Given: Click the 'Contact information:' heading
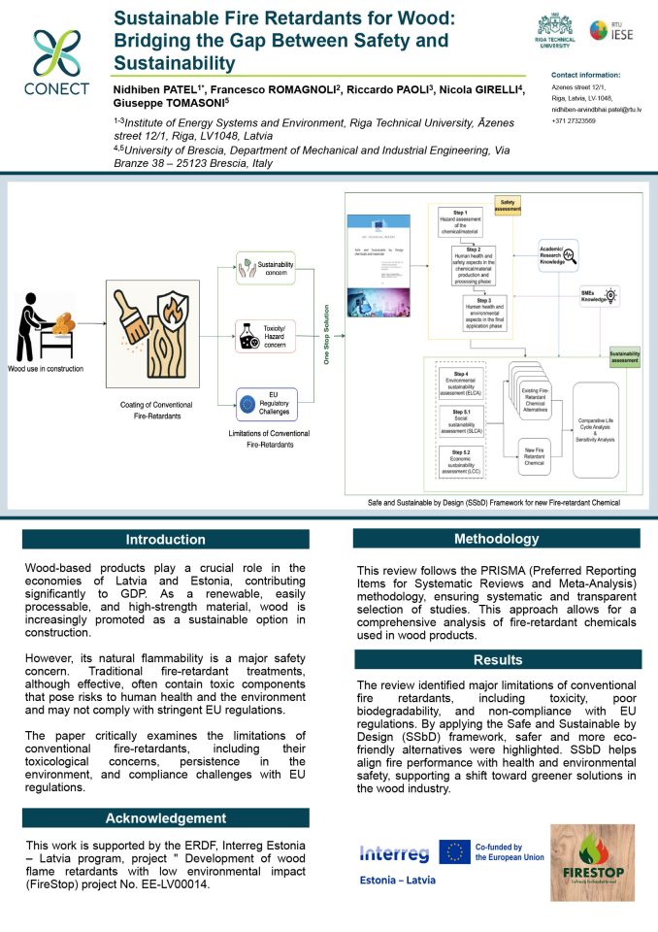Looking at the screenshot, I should tap(585, 75).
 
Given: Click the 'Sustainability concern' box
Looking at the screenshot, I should tap(266, 269).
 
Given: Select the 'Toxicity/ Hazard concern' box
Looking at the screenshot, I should tap(266, 336).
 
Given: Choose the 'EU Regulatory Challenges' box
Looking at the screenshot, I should tap(266, 401).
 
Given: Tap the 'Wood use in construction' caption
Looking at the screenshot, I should tap(46, 369).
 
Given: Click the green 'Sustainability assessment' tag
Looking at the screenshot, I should tap(624, 357).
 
